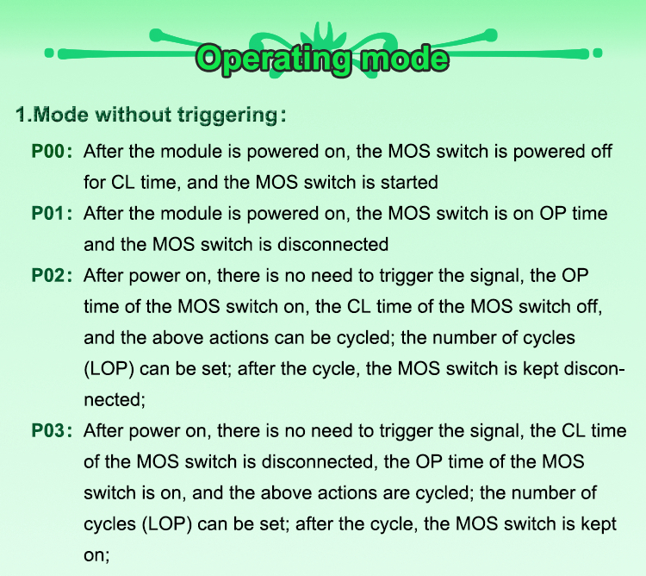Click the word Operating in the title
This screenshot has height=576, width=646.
tap(273, 59)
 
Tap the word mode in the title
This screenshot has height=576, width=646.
tap(404, 58)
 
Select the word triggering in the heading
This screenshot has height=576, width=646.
tap(228, 115)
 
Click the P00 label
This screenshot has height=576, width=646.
tap(48, 151)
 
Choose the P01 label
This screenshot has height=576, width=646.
tap(48, 214)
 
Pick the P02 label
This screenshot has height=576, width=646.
tap(48, 275)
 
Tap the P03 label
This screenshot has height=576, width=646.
tap(48, 431)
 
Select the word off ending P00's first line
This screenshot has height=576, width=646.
tap(601, 151)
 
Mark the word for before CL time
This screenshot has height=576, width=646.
tap(95, 182)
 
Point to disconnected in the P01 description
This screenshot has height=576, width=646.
tap(332, 245)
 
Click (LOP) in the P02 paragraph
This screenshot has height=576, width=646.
tap(109, 368)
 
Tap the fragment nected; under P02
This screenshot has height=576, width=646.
tap(115, 400)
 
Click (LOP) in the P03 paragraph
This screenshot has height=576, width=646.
tap(167, 524)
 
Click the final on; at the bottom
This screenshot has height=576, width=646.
tap(96, 555)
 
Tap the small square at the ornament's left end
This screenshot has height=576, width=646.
tap(49, 53)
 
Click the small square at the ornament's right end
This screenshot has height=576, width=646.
tap(598, 53)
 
